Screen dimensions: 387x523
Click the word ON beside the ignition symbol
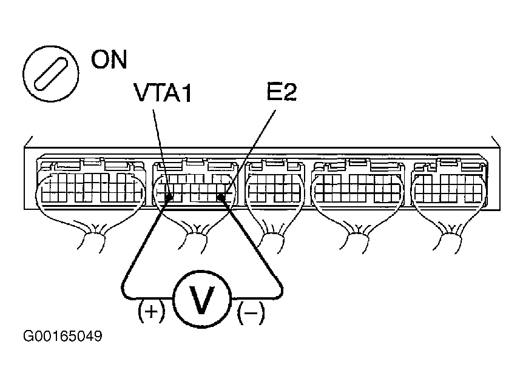pyautogui.click(x=109, y=60)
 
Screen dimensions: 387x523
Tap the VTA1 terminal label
pyautogui.click(x=162, y=95)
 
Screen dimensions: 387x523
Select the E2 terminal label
pyautogui.click(x=280, y=95)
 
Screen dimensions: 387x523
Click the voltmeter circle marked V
pyautogui.click(x=203, y=298)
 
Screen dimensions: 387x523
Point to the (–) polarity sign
pyautogui.click(x=252, y=314)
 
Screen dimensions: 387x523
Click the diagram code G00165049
pyautogui.click(x=62, y=335)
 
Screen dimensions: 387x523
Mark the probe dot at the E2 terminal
pyautogui.click(x=222, y=197)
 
